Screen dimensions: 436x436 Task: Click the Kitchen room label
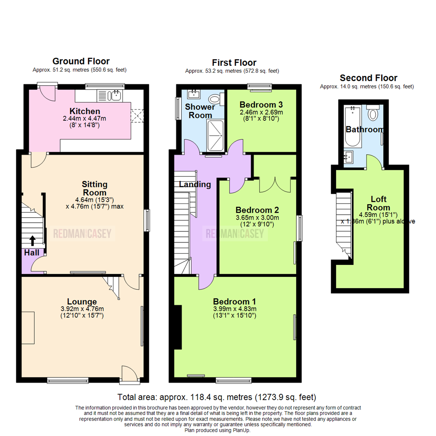click(85, 111)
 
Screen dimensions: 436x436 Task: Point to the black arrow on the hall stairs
click(33, 241)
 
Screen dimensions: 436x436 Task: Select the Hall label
click(32, 253)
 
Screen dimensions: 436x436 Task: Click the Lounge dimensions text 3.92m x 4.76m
click(82, 309)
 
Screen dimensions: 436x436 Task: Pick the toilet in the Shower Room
click(216, 99)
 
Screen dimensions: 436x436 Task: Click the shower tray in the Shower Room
click(216, 136)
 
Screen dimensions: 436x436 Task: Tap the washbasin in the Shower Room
click(194, 94)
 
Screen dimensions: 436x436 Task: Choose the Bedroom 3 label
click(261, 105)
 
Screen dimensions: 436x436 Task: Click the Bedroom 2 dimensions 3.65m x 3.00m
click(258, 218)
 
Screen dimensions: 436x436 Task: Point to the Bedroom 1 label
click(235, 302)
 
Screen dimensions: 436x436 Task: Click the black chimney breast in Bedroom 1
click(178, 327)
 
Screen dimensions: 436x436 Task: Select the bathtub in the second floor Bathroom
click(352, 126)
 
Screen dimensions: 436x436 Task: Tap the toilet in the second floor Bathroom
click(373, 113)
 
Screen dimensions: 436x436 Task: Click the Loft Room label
click(378, 203)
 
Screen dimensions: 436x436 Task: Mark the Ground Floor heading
click(81, 61)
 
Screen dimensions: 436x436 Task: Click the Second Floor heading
click(369, 78)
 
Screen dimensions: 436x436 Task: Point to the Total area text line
click(217, 397)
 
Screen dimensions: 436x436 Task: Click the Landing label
click(195, 184)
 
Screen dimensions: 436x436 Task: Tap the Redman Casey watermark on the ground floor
click(82, 234)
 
